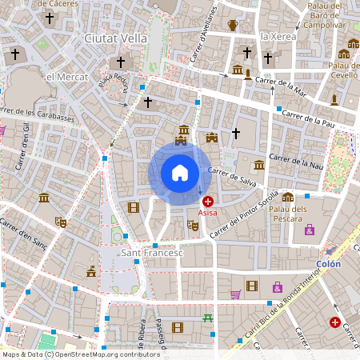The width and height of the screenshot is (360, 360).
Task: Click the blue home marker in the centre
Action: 179,173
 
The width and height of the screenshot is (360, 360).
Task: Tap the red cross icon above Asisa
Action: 208,202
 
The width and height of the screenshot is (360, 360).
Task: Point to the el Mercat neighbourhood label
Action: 67,76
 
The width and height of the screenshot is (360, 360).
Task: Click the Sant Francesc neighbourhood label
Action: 151,253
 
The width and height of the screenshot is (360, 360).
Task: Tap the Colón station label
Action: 328,264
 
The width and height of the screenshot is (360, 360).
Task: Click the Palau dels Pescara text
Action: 288,212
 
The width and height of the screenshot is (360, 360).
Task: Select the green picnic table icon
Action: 209,318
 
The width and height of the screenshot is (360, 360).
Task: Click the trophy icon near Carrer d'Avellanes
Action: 233,26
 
